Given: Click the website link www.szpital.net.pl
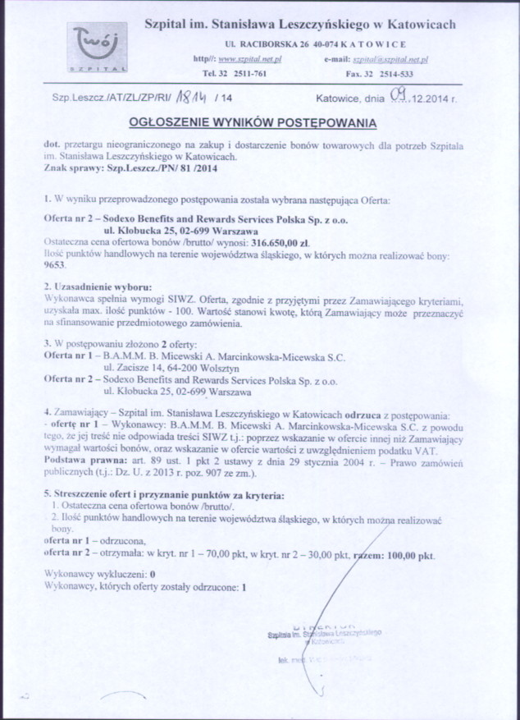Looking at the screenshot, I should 249,60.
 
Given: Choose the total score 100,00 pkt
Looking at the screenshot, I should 408,555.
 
